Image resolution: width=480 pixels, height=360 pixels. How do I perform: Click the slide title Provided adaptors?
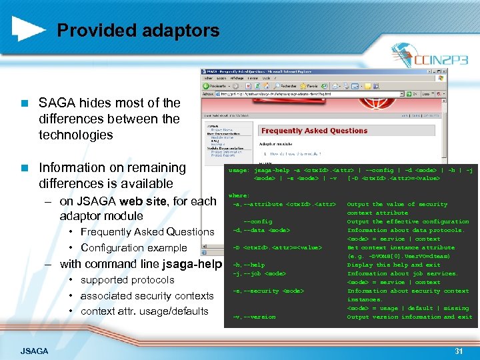coord(138,30)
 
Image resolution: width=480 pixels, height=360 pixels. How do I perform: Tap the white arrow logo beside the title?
coord(29,29)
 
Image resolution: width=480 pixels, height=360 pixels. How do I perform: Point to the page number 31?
coord(458,351)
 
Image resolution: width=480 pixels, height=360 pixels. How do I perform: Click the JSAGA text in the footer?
coord(34,351)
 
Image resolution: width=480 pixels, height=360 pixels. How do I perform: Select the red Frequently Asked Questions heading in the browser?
coord(314,131)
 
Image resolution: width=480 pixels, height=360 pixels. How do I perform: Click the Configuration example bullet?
coord(133,248)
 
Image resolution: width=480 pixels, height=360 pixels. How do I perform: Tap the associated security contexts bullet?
coord(147,296)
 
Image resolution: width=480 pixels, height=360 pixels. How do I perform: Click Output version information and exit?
coord(409,317)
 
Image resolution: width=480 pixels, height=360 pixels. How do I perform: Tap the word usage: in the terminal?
coord(239,170)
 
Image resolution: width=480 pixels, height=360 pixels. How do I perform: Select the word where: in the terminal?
coord(239,196)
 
